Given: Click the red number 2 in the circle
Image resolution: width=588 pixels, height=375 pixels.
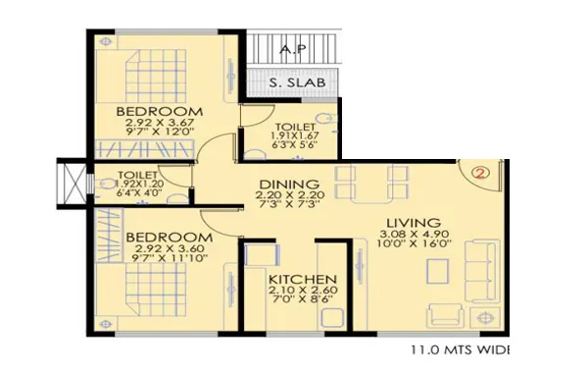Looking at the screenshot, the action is [481, 173].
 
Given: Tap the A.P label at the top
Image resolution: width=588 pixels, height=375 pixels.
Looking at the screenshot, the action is [294, 48].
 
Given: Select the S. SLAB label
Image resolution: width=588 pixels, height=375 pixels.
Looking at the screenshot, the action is [297, 82].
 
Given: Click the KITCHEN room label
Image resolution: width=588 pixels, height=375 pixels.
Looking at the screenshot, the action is [303, 279].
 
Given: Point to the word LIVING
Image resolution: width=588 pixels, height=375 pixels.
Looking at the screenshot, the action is [414, 223].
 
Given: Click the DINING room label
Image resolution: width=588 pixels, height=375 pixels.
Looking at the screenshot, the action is [289, 185].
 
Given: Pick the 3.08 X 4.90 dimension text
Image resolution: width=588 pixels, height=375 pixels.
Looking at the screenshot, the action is [415, 234].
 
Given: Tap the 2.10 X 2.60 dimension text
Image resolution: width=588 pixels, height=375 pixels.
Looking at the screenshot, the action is [303, 290].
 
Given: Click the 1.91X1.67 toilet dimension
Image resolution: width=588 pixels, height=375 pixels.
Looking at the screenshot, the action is [294, 135].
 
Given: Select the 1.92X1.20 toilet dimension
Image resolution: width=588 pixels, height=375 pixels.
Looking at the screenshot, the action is [139, 185].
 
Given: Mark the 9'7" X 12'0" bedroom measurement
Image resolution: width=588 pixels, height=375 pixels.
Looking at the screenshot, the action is [160, 132].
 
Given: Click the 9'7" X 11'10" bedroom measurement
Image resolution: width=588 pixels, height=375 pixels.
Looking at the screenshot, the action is [170, 258].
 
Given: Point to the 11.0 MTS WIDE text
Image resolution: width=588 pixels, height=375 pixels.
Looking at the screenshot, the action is [461, 349].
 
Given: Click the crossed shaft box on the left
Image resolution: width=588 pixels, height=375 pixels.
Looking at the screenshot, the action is [75, 183].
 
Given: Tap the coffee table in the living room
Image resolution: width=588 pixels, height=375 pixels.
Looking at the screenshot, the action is [438, 271].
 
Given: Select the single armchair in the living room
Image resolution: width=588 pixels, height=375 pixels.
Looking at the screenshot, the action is [446, 315].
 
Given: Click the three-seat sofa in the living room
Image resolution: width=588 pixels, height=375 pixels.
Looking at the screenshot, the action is [482, 271].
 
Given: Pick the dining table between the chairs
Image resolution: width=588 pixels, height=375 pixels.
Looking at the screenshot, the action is [371, 185].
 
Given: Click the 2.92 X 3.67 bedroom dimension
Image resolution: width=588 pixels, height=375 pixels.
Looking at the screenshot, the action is [160, 122].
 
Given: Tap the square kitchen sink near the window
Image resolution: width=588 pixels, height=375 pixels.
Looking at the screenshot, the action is [332, 318].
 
